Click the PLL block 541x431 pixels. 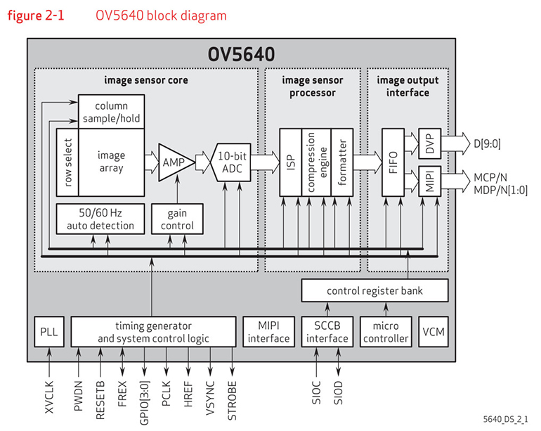point(49,331)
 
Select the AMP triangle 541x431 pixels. point(172,162)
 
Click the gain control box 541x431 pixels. point(177,219)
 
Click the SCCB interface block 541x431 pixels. point(325,331)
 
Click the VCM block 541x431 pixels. point(433,331)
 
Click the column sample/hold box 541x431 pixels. point(110,111)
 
